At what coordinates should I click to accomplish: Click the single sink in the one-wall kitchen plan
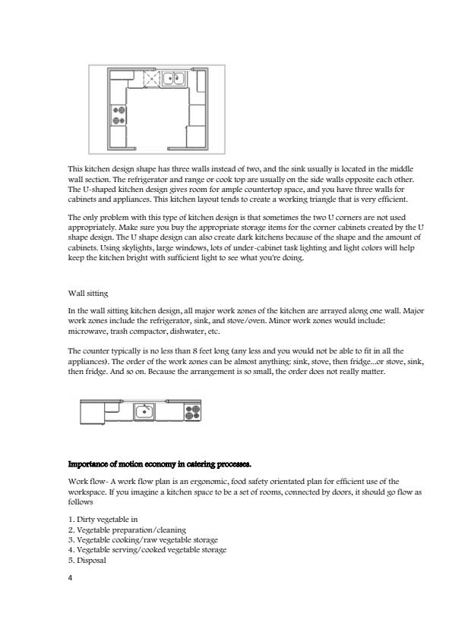tap(144, 412)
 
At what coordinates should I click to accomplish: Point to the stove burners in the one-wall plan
tap(192, 412)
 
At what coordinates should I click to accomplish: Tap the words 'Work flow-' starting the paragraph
tap(86, 482)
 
